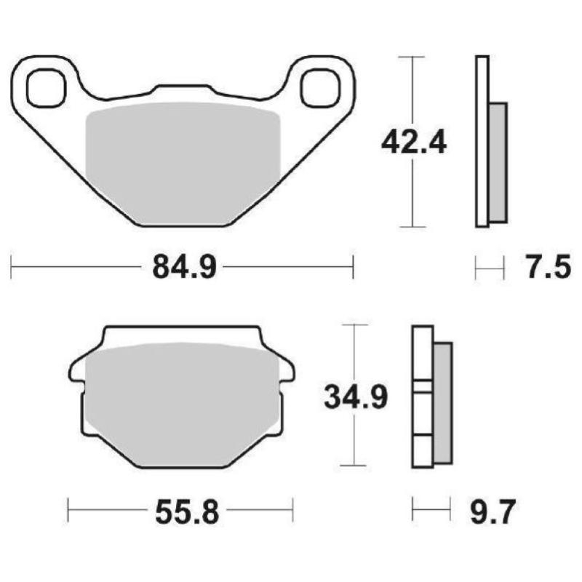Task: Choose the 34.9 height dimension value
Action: coord(355,396)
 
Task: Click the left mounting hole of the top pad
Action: coord(44,87)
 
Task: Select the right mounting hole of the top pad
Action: coord(321,87)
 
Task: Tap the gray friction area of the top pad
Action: coord(182,160)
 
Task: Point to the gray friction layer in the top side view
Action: coord(498,162)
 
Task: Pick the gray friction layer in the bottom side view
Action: coord(442,404)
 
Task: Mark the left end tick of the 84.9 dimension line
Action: coord(12,268)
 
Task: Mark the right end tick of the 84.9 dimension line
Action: coord(353,268)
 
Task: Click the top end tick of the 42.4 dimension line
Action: coord(413,56)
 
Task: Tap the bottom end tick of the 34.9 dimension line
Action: coord(354,465)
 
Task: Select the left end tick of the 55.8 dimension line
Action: coord(68,510)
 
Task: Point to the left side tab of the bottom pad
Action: coord(75,371)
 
